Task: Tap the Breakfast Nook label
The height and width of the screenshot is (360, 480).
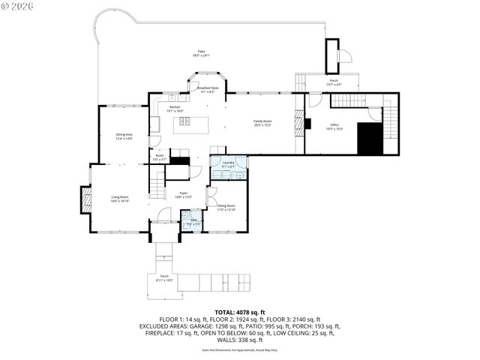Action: [208, 89]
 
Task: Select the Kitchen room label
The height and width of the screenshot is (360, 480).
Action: [175, 109]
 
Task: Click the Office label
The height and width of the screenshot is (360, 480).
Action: [334, 127]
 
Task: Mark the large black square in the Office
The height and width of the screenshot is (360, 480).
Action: [370, 139]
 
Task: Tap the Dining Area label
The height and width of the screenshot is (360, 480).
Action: [124, 136]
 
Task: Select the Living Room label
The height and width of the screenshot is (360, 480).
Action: [120, 199]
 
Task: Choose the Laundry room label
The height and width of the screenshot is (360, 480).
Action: [229, 164]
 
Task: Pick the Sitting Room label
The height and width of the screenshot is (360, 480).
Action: [226, 208]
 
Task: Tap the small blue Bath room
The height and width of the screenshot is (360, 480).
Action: [192, 221]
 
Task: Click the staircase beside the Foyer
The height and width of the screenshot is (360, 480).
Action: [157, 183]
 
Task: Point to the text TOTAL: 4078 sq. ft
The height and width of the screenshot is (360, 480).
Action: [240, 312]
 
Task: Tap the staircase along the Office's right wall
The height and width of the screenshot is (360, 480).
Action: [391, 123]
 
